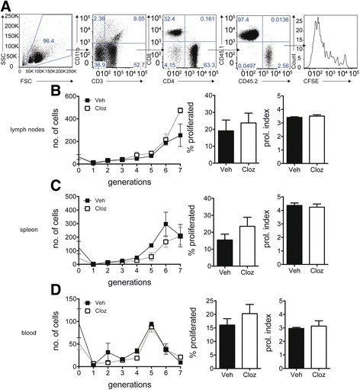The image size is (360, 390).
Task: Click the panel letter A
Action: click(5, 6)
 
